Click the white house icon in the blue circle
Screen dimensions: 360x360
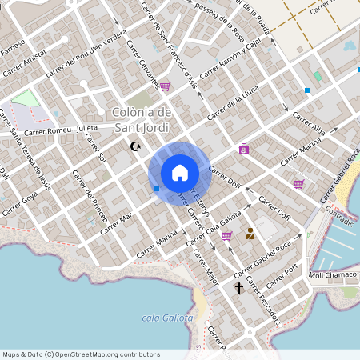179,172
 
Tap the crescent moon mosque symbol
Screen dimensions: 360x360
135,146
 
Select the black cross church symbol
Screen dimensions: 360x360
238,287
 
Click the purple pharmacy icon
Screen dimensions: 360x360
243,149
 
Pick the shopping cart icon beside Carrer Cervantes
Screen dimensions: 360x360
165,86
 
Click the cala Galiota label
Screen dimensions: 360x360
167,318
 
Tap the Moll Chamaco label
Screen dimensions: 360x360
334,275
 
